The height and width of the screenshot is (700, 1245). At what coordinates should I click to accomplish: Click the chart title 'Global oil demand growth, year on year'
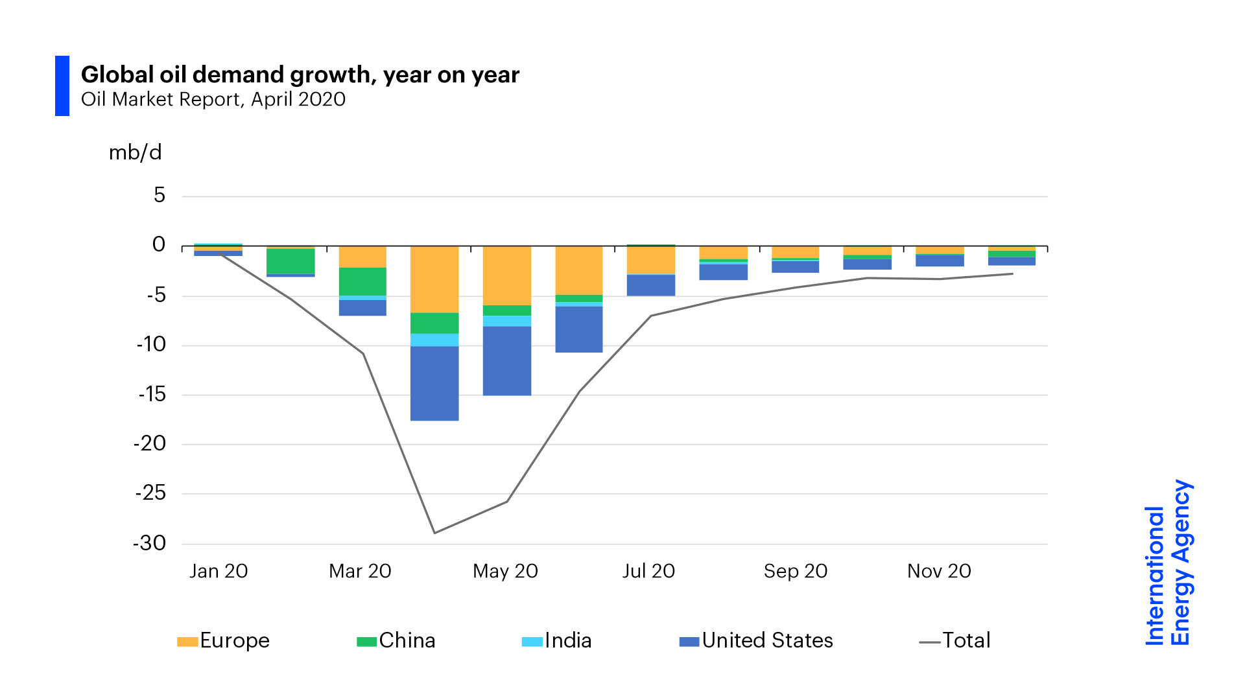click(x=300, y=75)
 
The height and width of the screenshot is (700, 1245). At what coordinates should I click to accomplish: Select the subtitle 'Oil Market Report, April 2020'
click(x=213, y=100)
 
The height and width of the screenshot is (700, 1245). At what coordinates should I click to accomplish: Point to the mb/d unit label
click(x=135, y=153)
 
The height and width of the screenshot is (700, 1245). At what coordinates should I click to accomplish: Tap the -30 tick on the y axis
click(x=150, y=543)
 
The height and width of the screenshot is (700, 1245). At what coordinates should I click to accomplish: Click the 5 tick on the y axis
click(x=160, y=195)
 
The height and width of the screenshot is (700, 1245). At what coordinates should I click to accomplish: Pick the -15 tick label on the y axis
click(x=152, y=394)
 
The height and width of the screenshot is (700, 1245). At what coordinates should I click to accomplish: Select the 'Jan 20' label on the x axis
click(x=219, y=571)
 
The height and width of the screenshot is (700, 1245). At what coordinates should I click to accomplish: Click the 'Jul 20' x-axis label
click(x=648, y=571)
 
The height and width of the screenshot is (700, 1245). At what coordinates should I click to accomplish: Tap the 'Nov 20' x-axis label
click(x=939, y=571)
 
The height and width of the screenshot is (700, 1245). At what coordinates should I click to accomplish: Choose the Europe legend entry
click(x=224, y=640)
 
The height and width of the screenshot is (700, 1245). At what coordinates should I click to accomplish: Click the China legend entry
click(x=397, y=640)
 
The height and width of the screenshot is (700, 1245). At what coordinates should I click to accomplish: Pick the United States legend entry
click(x=757, y=640)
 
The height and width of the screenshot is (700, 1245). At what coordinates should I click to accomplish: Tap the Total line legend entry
click(x=955, y=640)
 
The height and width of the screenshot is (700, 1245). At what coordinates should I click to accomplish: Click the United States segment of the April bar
click(x=434, y=383)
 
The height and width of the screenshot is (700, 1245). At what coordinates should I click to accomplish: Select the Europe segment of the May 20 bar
click(x=507, y=275)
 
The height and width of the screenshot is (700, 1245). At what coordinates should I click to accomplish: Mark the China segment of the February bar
click(x=290, y=261)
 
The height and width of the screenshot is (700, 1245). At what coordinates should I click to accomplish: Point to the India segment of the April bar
click(x=434, y=340)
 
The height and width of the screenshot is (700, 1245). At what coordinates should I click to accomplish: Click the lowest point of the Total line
click(x=434, y=533)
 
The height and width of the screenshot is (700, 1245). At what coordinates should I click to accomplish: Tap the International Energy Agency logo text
click(x=1168, y=563)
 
